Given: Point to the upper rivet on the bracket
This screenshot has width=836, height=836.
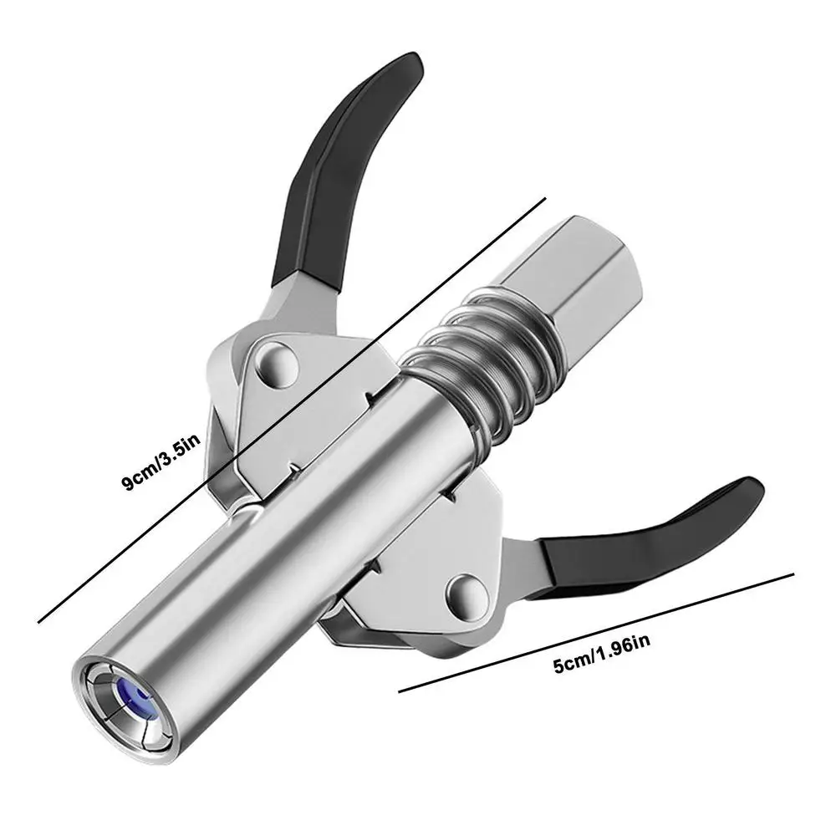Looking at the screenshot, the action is (276, 364).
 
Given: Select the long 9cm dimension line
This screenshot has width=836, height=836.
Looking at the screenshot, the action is (292, 410).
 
